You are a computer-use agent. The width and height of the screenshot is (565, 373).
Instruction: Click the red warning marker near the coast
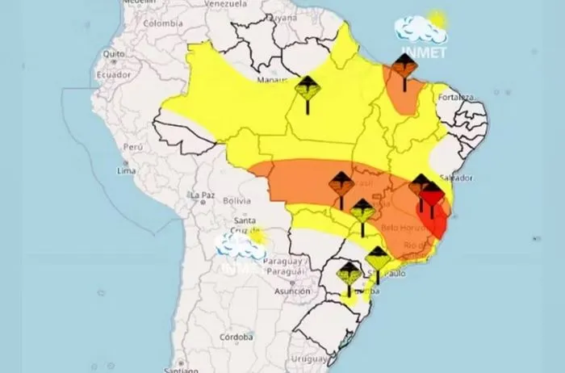432,195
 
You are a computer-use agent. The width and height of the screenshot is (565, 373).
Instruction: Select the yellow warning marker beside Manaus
307,89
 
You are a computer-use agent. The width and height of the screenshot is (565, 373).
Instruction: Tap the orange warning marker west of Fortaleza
404,69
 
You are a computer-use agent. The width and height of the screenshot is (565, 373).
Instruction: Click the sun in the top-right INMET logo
437,19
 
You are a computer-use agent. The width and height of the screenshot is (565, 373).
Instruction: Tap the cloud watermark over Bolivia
240,246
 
